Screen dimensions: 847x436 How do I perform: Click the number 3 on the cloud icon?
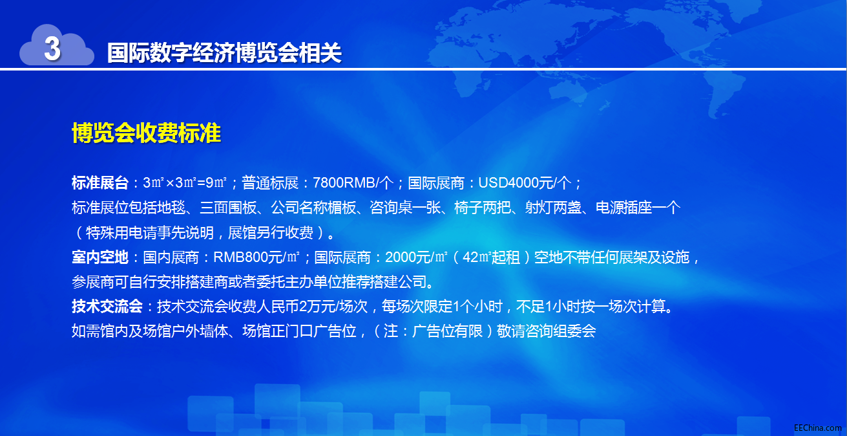coord(52,48)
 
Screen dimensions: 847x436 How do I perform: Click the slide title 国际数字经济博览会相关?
coord(224,52)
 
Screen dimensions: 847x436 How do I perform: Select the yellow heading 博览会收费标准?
coord(146,133)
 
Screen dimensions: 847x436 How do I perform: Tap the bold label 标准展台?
coord(100,183)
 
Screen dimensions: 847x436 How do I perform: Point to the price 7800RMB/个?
coord(353,183)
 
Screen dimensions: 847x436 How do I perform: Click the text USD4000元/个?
coord(525,183)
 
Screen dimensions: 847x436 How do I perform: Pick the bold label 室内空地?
coord(100,257)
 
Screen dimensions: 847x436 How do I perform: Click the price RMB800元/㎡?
coord(256,257)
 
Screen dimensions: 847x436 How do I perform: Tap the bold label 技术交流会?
coord(107,306)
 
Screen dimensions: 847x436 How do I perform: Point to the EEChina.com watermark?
coord(817,428)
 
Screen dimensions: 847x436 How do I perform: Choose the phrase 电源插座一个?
coord(638,208)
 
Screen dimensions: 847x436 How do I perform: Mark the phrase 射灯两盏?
coord(553,208)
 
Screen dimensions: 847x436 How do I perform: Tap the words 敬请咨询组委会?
coord(547,331)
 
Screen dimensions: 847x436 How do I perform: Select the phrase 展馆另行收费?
coord(271,233)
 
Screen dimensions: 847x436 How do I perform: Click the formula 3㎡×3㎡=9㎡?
coord(185,183)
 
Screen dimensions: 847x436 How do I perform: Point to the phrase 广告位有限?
coord(447,331)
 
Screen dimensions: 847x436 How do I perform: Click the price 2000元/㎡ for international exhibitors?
coord(416,257)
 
